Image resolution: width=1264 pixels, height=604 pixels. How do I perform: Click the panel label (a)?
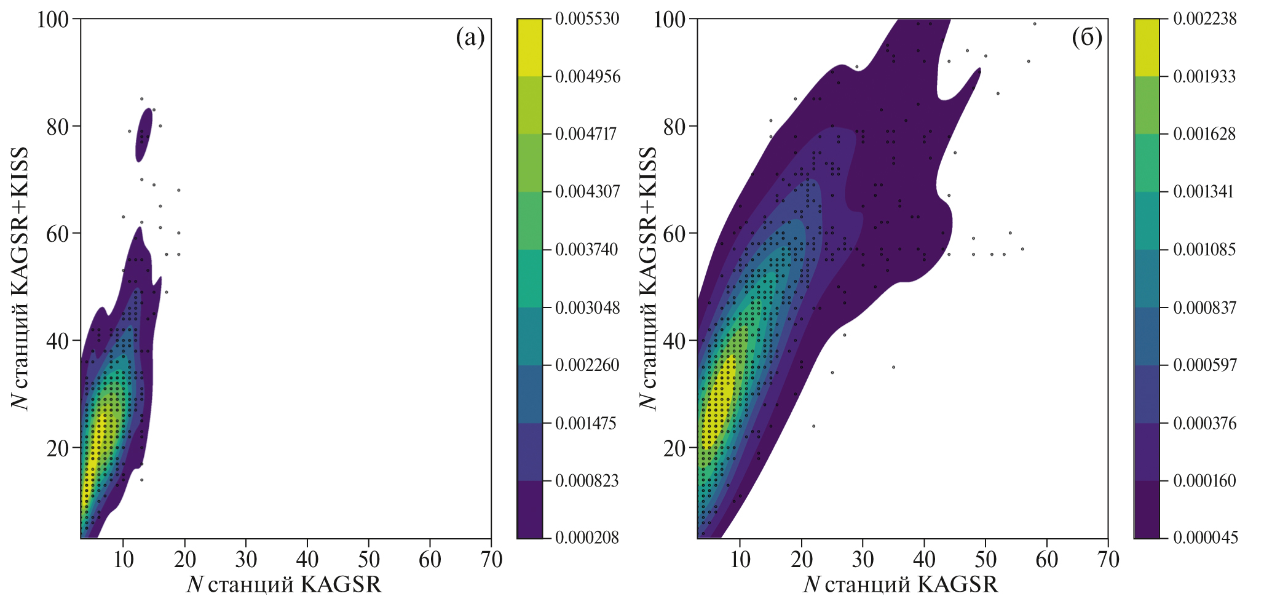coord(470,38)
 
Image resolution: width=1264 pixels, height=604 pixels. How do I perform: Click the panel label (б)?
coord(1087,38)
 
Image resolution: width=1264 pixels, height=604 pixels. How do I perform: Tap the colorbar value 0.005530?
coord(587,19)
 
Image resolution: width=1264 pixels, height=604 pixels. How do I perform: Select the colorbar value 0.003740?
coord(587,250)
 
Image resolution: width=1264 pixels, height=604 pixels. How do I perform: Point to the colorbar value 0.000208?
coord(587,538)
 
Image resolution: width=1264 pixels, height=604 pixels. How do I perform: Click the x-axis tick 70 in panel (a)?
coord(491,559)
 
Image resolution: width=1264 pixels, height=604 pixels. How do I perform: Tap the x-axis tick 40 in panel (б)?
coord(924,559)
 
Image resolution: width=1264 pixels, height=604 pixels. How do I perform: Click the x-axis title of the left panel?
coord(284,585)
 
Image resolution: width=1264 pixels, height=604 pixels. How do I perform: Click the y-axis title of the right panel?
coord(649,278)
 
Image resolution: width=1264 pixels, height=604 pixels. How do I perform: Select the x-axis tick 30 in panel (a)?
coord(246,559)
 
